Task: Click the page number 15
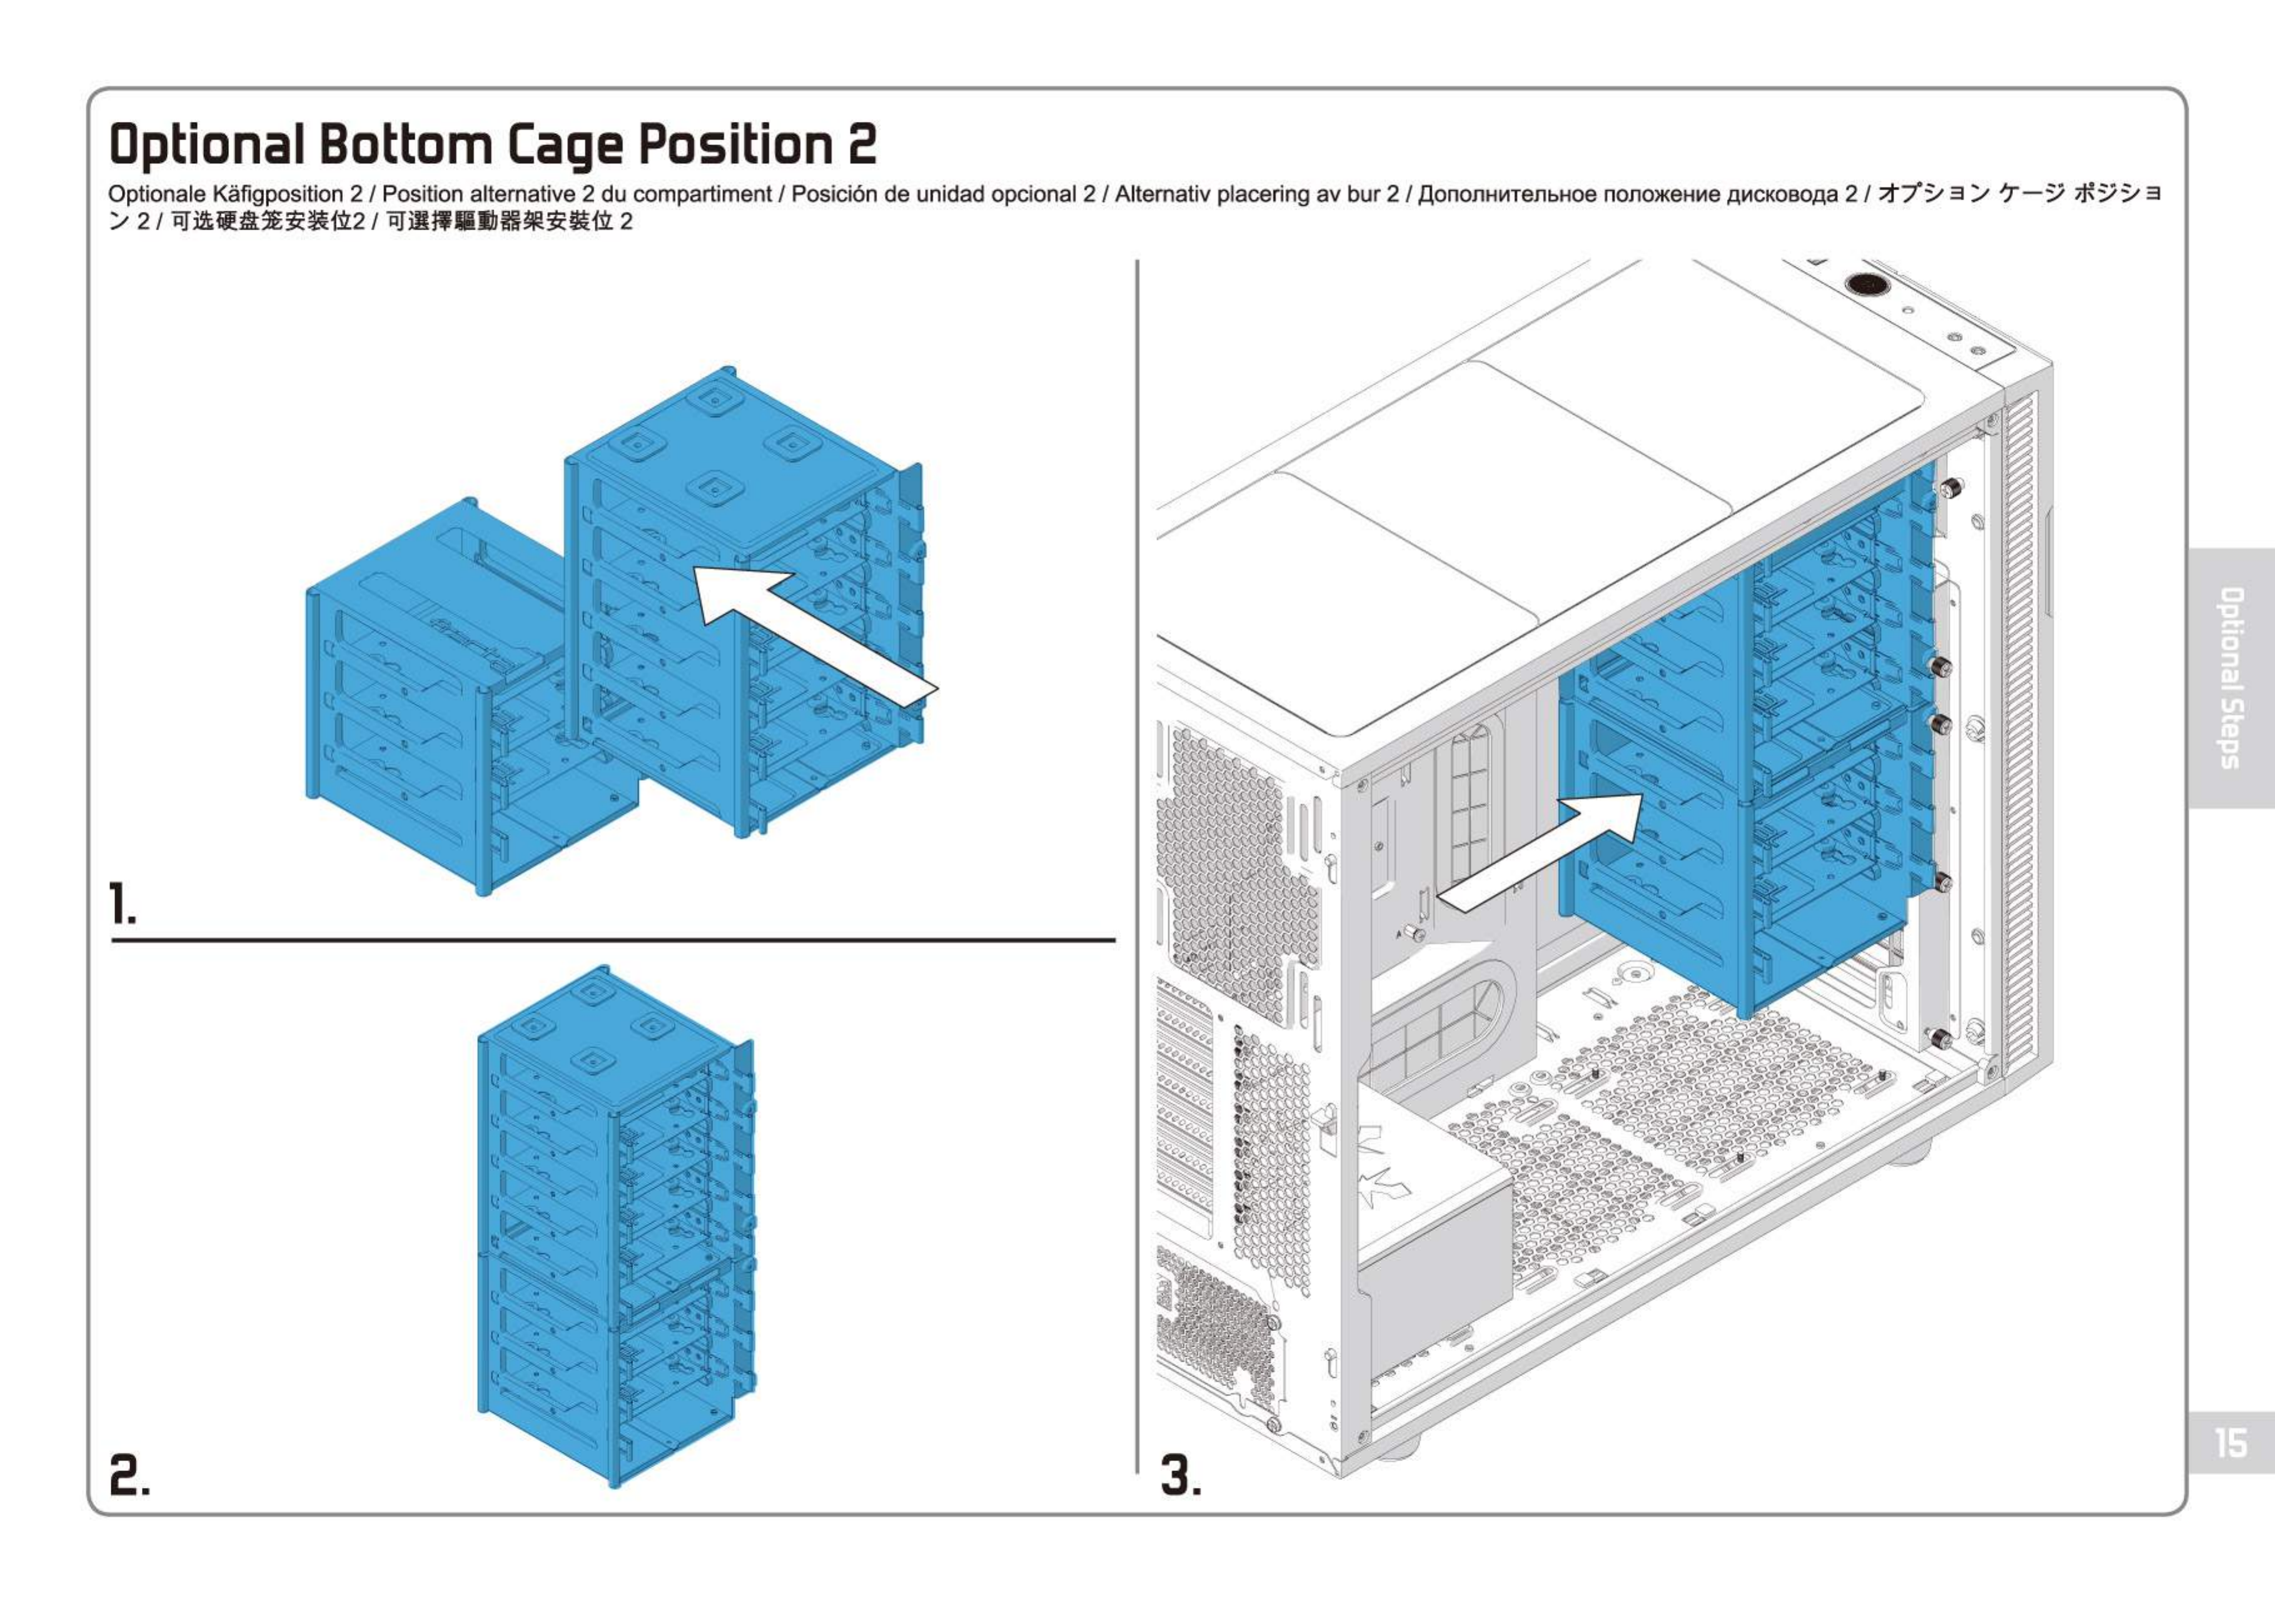click(2231, 1442)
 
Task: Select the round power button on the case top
click(1867, 284)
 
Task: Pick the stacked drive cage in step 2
click(614, 1229)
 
